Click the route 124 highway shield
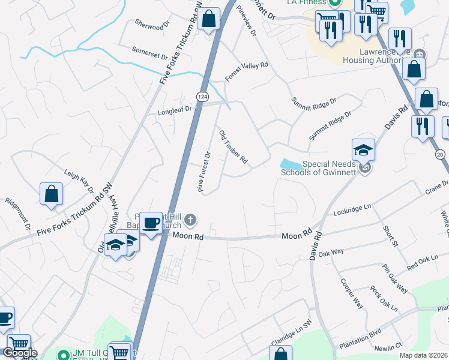(203, 97)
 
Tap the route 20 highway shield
(440, 155)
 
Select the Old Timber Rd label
(233, 148)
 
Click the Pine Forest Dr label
(204, 172)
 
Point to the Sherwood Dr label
(149, 27)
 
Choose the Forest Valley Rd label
(246, 72)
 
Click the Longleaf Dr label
(174, 110)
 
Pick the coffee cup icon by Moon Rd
(151, 221)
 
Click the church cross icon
(190, 218)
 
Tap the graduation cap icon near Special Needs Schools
(363, 149)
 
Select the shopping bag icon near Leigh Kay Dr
(52, 193)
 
